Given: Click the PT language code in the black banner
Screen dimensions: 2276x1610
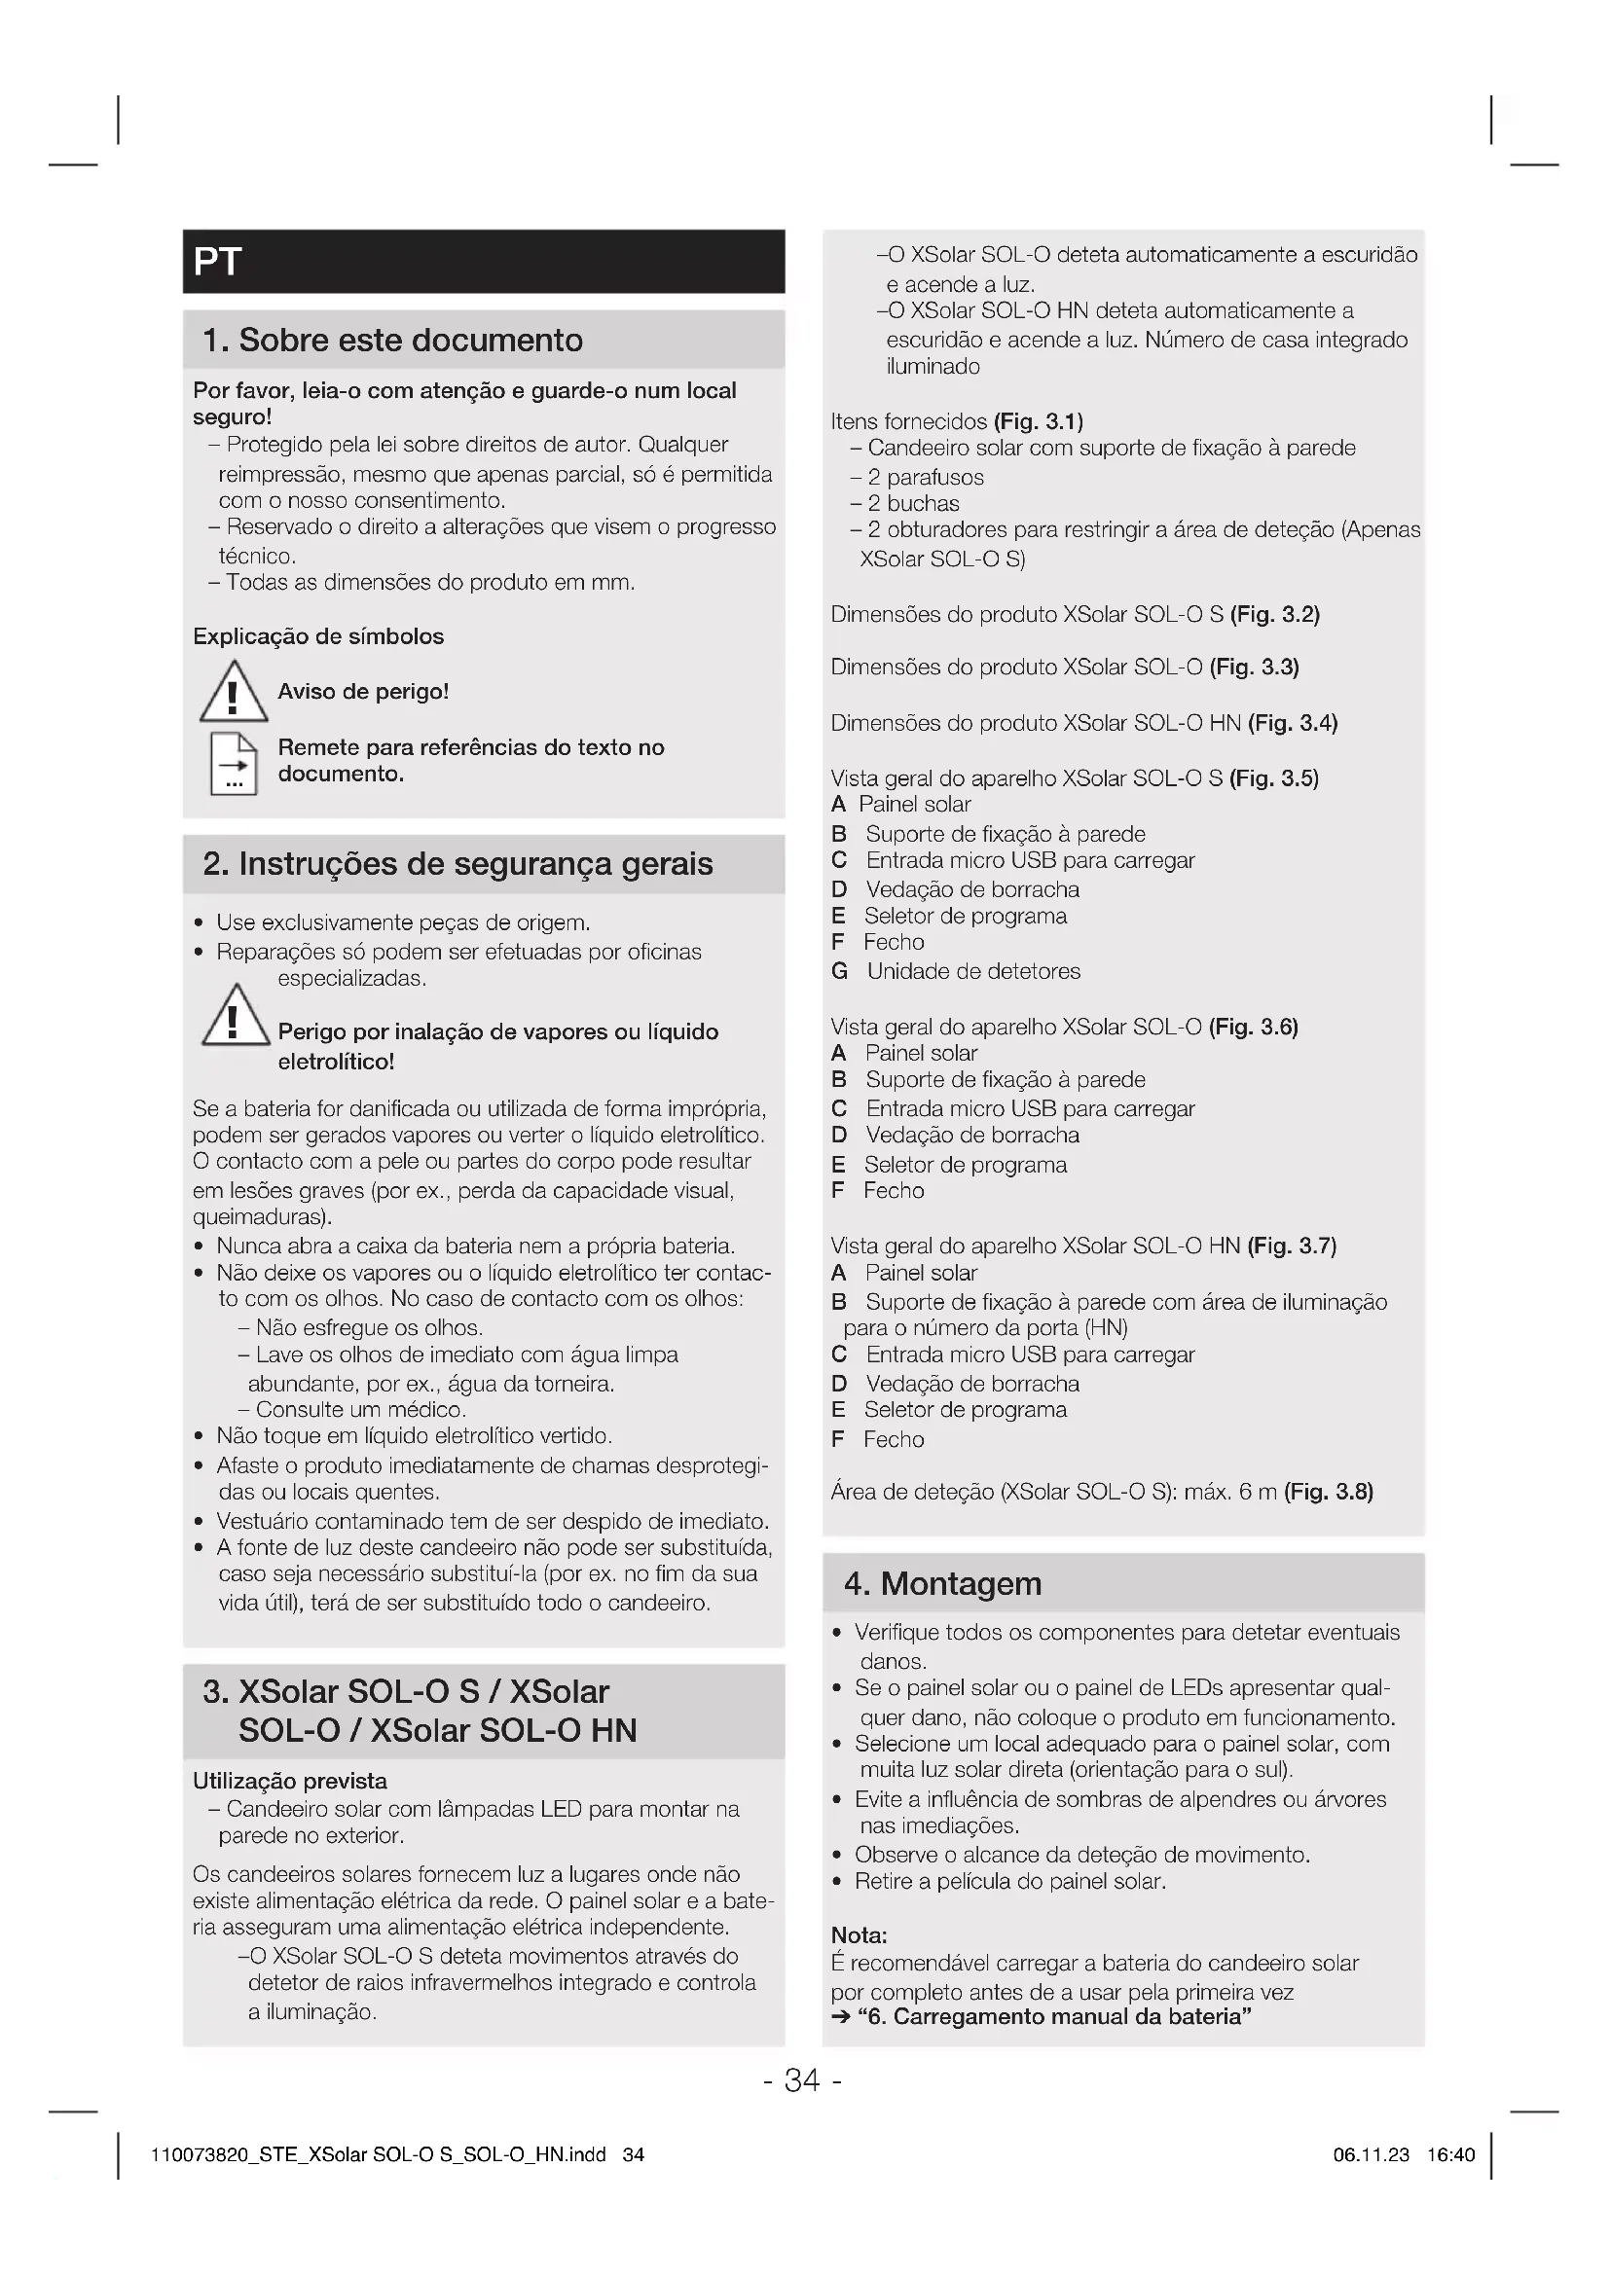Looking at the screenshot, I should click(x=217, y=262).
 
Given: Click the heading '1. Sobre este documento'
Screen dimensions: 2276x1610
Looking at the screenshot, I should click(x=392, y=340).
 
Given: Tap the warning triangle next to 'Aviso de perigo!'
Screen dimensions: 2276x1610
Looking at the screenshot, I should click(x=233, y=692).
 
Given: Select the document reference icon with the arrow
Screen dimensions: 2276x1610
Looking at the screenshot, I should click(x=233, y=763).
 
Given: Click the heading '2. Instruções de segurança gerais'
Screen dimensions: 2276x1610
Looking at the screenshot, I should click(x=457, y=864).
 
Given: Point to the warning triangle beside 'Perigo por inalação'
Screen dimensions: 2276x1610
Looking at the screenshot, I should click(x=235, y=1016).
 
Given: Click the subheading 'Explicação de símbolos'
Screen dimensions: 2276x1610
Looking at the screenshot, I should click(x=318, y=636).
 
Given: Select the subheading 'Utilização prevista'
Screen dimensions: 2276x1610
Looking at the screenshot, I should click(x=289, y=1782).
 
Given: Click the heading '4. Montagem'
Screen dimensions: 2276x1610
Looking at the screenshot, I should click(x=942, y=1584).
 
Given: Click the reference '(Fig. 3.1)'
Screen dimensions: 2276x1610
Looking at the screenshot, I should click(x=1038, y=421).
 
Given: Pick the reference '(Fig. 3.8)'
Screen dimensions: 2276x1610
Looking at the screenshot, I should click(x=1329, y=1492).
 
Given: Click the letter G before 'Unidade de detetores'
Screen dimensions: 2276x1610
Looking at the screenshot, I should click(x=840, y=971).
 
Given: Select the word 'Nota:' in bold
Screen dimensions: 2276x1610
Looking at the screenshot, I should click(x=859, y=1935).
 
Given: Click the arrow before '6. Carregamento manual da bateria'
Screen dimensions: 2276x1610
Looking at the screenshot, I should click(x=842, y=2017).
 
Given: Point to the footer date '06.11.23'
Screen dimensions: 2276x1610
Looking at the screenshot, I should click(x=1372, y=2155).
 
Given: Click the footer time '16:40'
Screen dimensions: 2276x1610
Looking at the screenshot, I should click(x=1450, y=2155).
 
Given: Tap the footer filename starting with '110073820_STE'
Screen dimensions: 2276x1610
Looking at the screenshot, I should click(x=378, y=2155).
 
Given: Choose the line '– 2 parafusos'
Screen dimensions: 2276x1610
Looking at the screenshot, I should click(x=917, y=478).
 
